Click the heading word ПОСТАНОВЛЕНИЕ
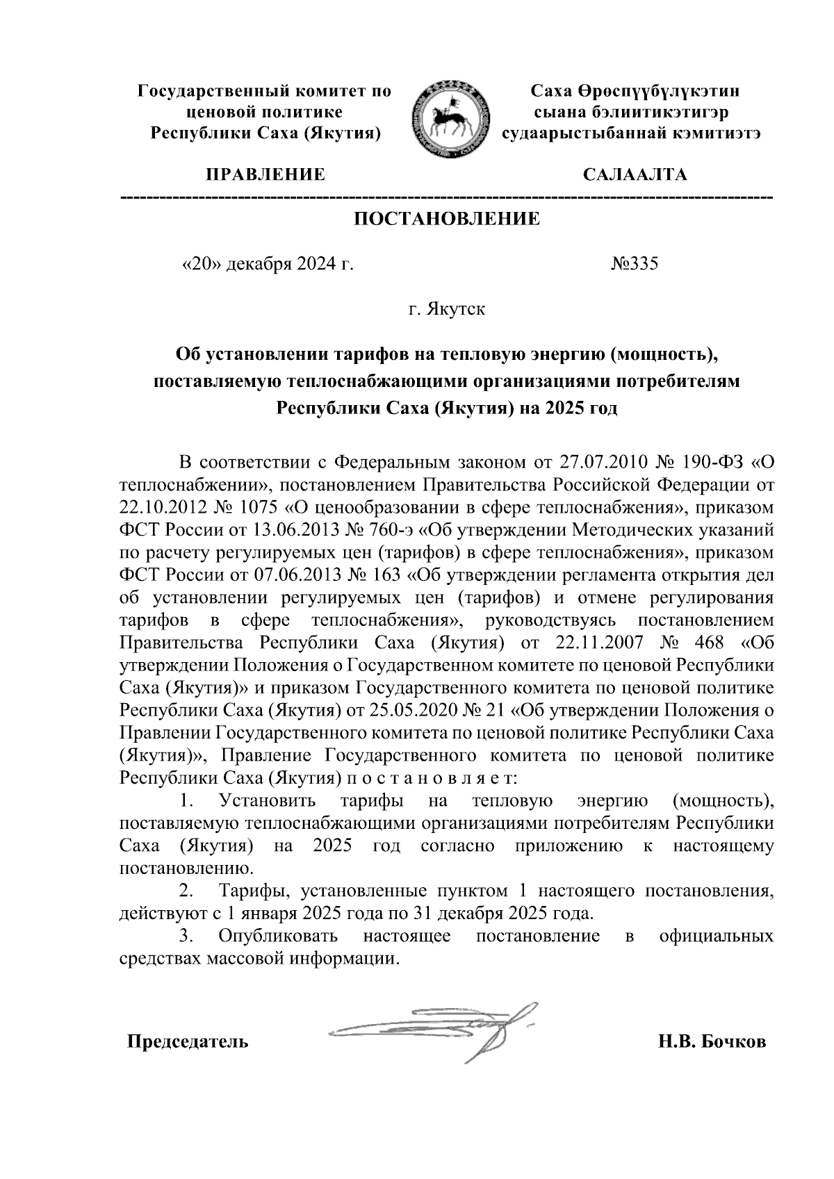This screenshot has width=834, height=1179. [x=447, y=220]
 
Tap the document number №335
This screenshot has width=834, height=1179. [x=634, y=264]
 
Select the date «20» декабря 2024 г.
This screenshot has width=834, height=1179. [x=267, y=264]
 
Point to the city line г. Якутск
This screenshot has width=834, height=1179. [x=447, y=308]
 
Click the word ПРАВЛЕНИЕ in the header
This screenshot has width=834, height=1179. [x=263, y=174]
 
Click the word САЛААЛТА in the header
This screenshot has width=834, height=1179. [x=635, y=174]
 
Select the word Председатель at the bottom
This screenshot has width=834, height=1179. [x=187, y=1042]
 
